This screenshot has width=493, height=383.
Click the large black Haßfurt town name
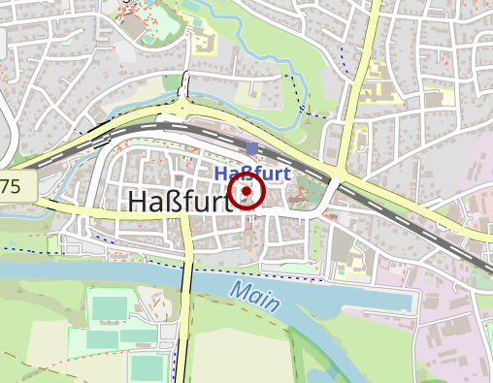pos(181,202)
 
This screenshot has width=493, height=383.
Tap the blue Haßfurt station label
pos(253,174)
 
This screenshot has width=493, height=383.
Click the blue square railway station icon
pos(253,148)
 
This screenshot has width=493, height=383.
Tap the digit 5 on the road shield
pos(16,186)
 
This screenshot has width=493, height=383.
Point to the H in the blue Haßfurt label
pos(221,174)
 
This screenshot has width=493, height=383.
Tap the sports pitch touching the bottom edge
pos(148,368)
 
